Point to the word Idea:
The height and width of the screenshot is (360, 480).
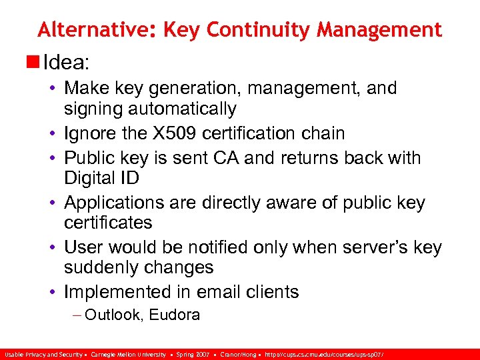(66, 63)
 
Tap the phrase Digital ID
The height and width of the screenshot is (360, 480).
(101, 178)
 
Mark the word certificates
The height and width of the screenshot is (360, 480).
(108, 223)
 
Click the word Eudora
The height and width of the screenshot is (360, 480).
(175, 315)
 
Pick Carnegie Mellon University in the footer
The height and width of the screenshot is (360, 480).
(129, 355)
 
